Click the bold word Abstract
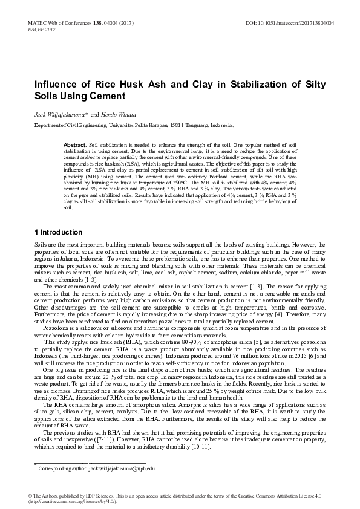(75, 146)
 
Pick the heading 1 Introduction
(59, 232)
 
